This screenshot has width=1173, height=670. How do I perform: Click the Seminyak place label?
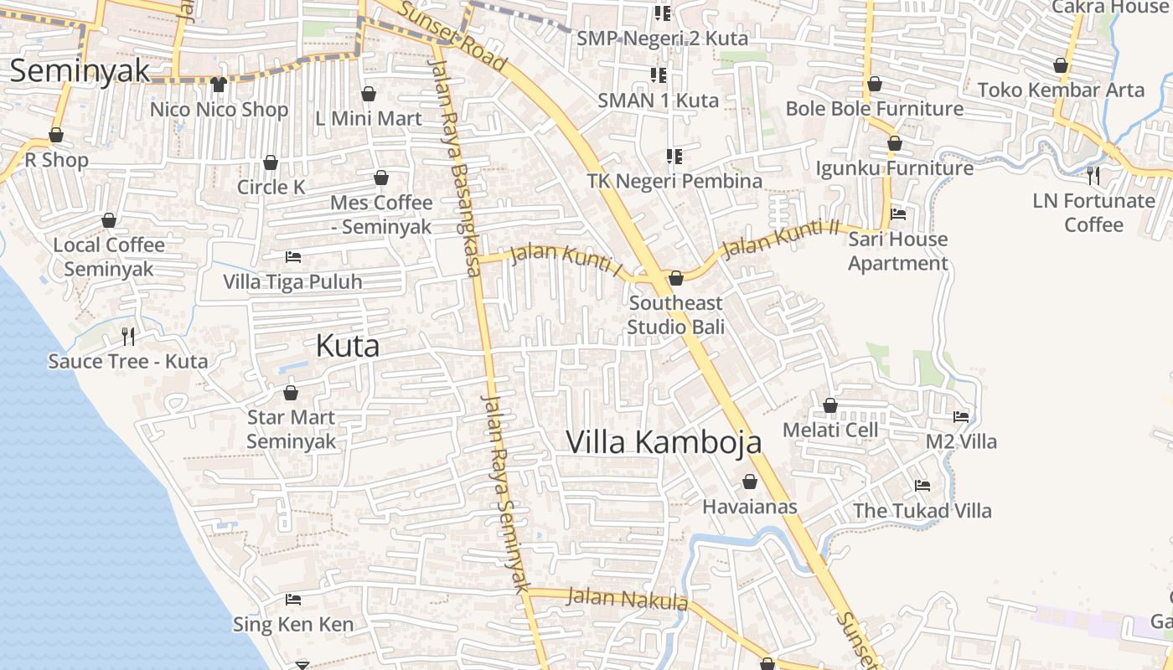coord(80,70)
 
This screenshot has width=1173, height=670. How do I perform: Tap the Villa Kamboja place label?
coord(664,442)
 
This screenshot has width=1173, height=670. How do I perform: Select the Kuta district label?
coord(347,346)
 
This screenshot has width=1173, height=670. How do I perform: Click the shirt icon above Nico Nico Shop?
coord(219,84)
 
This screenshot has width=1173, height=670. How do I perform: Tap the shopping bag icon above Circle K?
coord(271,162)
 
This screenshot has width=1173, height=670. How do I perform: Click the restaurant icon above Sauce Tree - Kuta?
coord(128,337)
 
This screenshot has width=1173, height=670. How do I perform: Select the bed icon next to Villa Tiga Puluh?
coord(293,256)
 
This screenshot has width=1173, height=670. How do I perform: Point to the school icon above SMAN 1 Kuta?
coord(659,75)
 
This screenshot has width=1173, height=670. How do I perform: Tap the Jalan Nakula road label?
coord(627,599)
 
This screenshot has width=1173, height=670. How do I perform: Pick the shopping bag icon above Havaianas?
coord(750,482)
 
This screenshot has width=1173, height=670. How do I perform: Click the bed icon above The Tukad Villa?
coord(922,486)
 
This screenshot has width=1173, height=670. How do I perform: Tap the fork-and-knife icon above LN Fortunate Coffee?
coord(1093,175)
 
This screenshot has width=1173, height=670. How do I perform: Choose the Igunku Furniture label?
coord(894,168)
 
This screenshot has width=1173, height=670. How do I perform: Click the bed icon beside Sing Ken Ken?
coord(293,600)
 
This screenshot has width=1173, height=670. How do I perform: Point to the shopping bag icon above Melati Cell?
coord(830,405)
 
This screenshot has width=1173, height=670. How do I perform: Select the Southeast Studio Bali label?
coord(675,314)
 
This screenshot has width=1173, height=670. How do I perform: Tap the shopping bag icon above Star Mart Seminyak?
coord(291,392)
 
